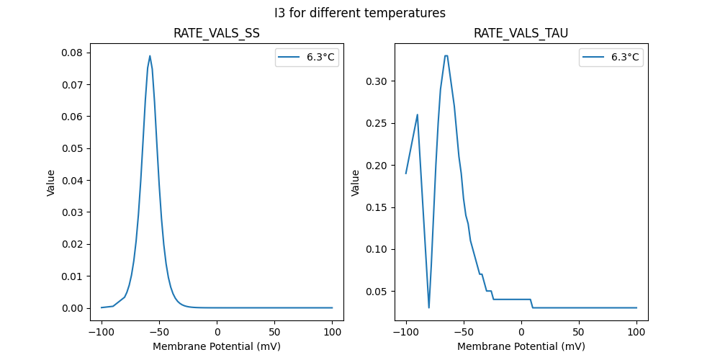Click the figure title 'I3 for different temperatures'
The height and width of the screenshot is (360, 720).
pyautogui.click(x=360, y=13)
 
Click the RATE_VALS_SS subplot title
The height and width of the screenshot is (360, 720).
pyautogui.click(x=217, y=33)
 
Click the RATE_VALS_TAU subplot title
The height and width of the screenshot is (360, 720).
pyautogui.click(x=521, y=33)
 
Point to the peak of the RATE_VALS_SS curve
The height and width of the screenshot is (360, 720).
pyautogui.click(x=150, y=55)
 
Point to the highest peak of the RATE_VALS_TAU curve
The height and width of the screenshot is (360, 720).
pyautogui.click(x=446, y=55)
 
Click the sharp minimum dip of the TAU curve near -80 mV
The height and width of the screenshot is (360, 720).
pyautogui.click(x=429, y=307)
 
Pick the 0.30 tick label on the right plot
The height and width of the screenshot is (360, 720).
pyautogui.click(x=375, y=81)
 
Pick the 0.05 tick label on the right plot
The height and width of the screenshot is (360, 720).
pyautogui.click(x=375, y=292)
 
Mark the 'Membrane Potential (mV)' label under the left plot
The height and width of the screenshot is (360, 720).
pyautogui.click(x=217, y=346)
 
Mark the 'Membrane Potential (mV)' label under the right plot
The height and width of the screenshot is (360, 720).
pyautogui.click(x=521, y=346)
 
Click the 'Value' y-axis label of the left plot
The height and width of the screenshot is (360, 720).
pyautogui.click(x=51, y=183)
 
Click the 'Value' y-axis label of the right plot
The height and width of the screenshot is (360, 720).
pyautogui.click(x=356, y=183)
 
